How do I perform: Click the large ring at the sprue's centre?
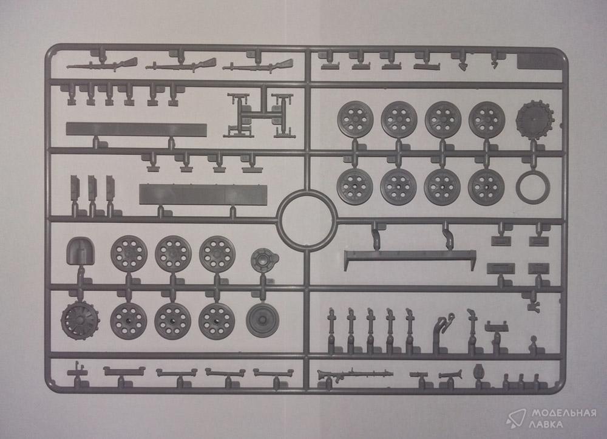279,220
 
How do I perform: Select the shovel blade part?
80,251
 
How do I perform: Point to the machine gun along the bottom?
354,374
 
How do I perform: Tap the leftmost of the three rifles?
102,64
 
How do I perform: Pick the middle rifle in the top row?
181,66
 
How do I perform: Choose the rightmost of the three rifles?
257,66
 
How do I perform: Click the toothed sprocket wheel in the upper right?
534,118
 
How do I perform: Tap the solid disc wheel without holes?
262,320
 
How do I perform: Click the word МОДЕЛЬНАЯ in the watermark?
563,413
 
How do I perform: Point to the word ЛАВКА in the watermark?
548,424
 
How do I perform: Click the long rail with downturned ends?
410,255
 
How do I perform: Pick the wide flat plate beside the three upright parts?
203,194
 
